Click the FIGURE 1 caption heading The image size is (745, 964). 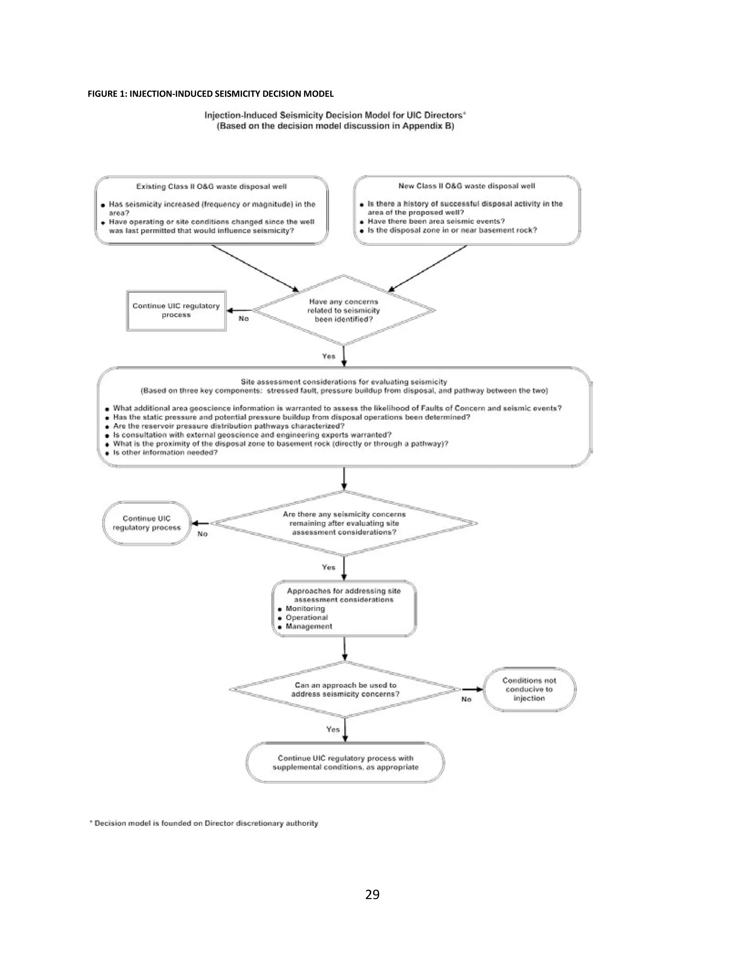[x=211, y=93]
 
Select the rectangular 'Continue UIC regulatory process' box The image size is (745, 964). [x=176, y=310]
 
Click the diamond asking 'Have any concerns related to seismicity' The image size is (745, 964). [x=343, y=310]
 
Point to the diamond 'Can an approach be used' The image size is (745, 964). [x=345, y=689]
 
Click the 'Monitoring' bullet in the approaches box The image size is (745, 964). [x=305, y=609]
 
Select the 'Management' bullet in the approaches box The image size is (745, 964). [x=308, y=626]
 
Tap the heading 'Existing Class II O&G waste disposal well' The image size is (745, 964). [x=211, y=187]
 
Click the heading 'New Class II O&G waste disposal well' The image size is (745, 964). [x=466, y=186]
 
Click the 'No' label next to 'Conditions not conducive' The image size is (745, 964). [x=466, y=699]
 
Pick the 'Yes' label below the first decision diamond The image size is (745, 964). [x=329, y=356]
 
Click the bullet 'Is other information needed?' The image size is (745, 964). [x=165, y=453]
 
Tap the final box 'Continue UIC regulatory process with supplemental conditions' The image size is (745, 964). [x=345, y=763]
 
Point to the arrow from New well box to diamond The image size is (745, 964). [x=427, y=268]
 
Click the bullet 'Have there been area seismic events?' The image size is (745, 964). [x=435, y=221]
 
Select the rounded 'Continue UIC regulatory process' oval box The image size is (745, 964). [x=147, y=523]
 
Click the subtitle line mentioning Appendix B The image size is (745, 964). [x=335, y=126]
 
